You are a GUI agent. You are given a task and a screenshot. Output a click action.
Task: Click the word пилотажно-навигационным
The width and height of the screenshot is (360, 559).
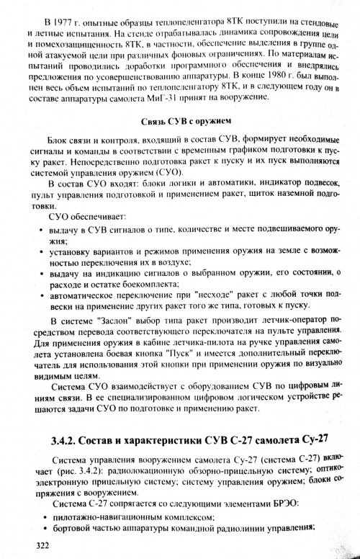(x=105, y=521)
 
